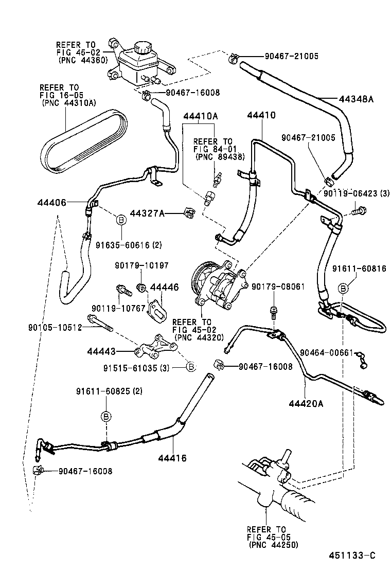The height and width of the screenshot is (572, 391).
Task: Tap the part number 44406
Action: [x=51, y=203]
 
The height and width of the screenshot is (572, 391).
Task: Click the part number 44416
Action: [x=172, y=458]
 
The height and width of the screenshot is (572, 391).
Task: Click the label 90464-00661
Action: [x=326, y=352]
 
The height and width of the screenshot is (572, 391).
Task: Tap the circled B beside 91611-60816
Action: [x=344, y=287]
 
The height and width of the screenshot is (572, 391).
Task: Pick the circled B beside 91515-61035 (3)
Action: [x=190, y=366]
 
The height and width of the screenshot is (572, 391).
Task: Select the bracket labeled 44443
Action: [x=153, y=350]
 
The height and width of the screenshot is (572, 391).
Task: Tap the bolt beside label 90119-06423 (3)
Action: [x=358, y=210]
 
